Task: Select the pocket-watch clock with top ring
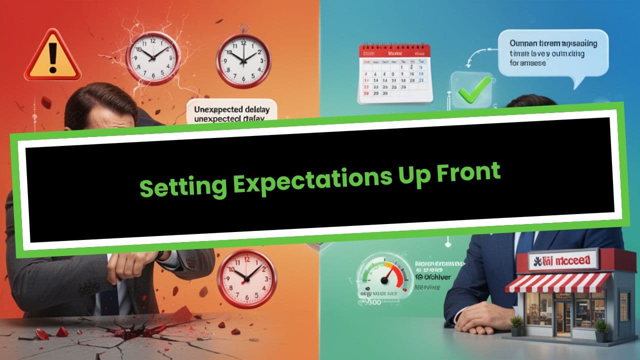[243, 59]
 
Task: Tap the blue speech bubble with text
[554, 52]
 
